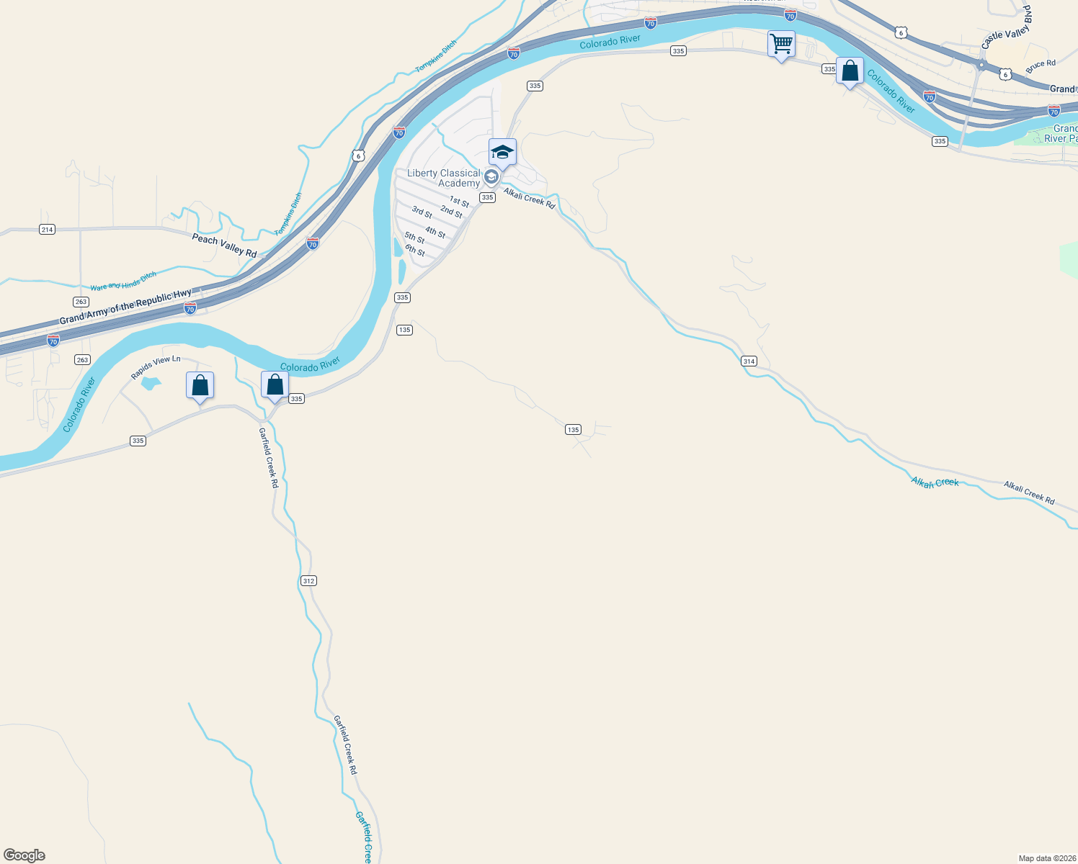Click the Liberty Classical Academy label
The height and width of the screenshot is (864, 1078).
point(443,178)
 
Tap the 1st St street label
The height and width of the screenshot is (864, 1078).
point(459,202)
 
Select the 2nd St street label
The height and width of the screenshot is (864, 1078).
point(451,212)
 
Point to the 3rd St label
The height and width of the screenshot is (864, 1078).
point(422,212)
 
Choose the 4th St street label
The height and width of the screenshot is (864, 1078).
point(435,232)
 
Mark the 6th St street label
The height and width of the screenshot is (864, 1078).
point(415,251)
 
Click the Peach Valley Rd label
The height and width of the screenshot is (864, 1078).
point(224,245)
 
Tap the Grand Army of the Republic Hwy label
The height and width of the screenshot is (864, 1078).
point(125,307)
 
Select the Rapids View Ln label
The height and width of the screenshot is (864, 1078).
point(156,367)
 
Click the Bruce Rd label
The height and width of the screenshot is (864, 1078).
point(1041,66)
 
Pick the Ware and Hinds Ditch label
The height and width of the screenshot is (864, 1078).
point(123,282)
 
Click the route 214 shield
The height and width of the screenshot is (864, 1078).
point(48,230)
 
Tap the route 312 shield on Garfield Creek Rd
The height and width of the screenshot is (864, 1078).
point(308,580)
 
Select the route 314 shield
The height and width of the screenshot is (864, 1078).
point(749,361)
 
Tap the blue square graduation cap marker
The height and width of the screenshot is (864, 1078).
point(502,153)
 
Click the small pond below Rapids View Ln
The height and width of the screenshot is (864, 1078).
point(150,383)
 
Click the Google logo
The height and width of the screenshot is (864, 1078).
point(24,855)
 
